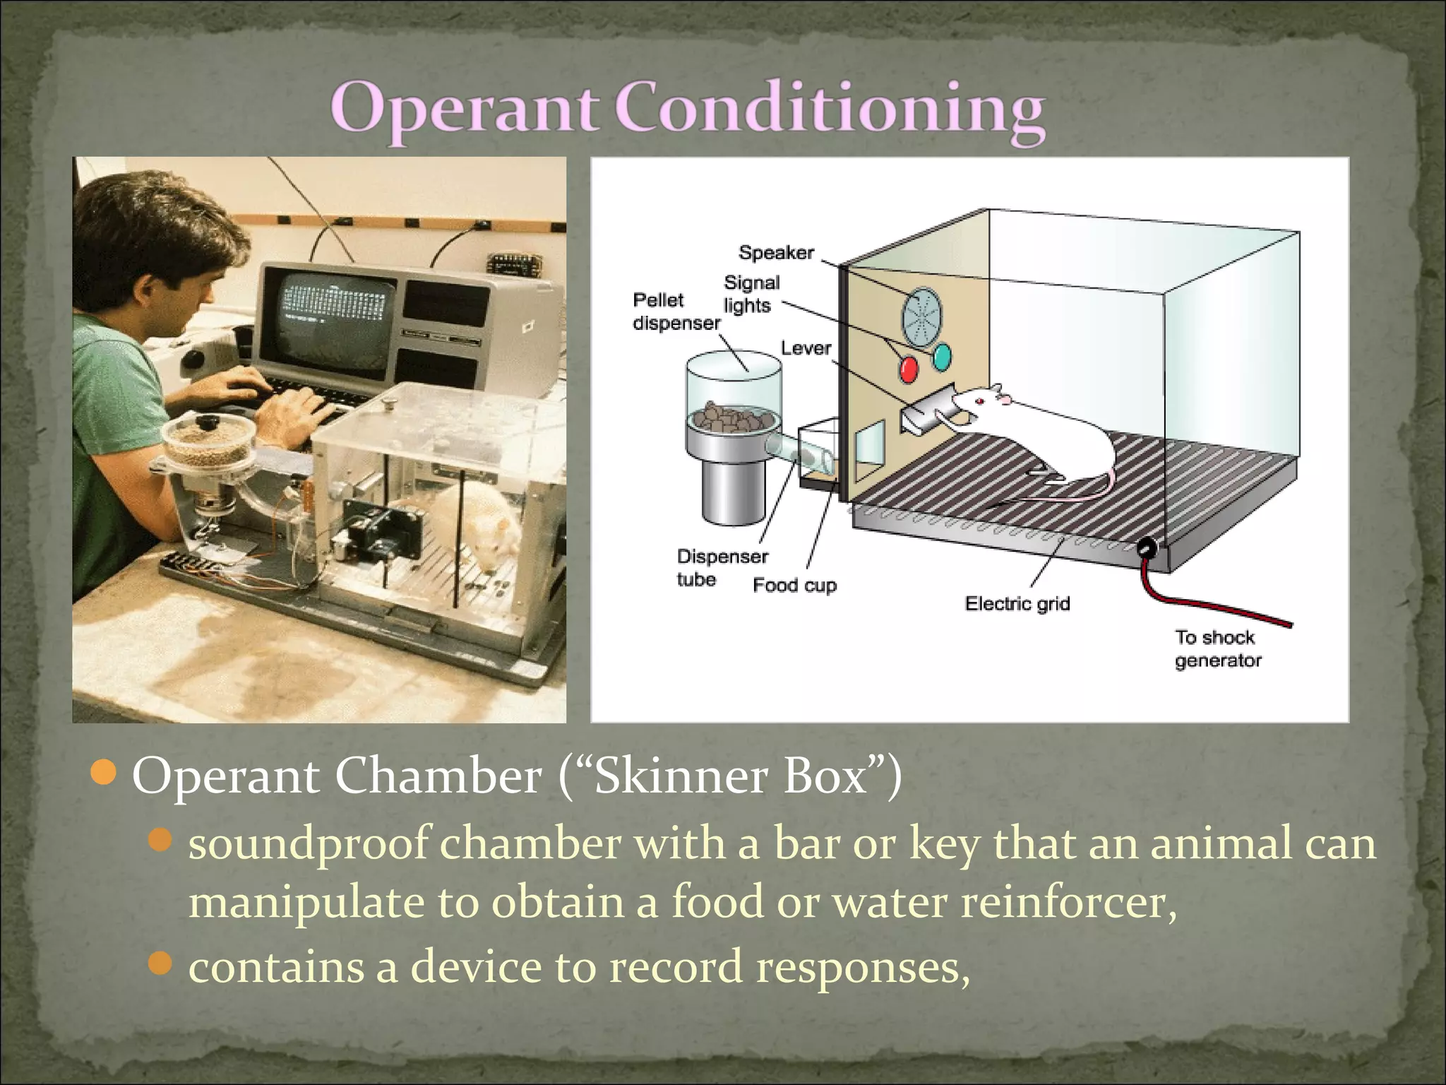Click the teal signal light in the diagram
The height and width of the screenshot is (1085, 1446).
[x=942, y=357]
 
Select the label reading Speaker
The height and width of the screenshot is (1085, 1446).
[x=776, y=253]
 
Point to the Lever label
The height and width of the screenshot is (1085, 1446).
[x=806, y=348]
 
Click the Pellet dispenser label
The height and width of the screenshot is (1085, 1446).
[x=676, y=312]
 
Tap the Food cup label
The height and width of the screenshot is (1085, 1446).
[x=794, y=585]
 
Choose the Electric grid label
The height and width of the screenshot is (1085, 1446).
[x=1017, y=603]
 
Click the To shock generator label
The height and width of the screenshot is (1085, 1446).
[x=1217, y=648]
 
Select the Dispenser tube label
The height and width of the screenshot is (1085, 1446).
[x=722, y=567]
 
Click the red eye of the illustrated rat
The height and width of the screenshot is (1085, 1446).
[x=981, y=402]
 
